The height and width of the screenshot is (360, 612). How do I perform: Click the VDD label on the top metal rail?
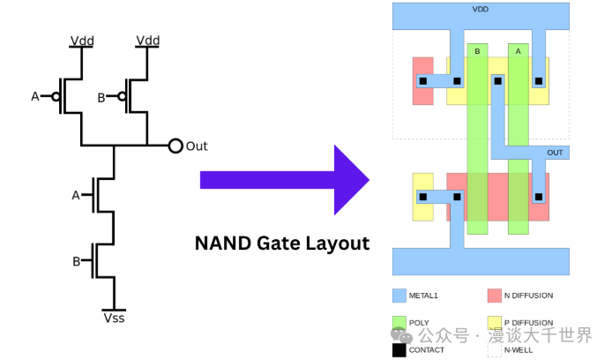[480, 9]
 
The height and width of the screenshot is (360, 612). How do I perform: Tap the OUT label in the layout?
[555, 153]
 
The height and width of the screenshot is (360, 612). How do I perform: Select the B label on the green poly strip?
[477, 51]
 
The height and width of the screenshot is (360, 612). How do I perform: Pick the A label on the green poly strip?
[518, 51]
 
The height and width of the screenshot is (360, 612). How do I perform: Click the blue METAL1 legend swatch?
[399, 296]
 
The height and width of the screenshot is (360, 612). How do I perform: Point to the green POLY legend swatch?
[399, 323]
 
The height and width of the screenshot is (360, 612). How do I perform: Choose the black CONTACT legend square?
[399, 349]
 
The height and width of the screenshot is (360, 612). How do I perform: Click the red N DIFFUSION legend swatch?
[495, 296]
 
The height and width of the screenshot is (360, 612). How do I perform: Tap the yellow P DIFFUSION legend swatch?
[495, 323]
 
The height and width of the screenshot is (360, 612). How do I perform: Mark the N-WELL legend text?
[519, 350]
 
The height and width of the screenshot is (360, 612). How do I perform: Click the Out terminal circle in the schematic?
[175, 146]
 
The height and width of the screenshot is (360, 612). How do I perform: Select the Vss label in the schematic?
[114, 318]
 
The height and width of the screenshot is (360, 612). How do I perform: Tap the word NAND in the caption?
[223, 244]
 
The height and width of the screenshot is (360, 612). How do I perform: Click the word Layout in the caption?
[337, 244]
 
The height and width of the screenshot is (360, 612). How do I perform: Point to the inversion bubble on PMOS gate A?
[56, 96]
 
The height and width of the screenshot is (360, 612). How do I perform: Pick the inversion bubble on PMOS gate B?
[122, 96]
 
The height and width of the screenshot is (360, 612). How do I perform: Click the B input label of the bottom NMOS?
[77, 261]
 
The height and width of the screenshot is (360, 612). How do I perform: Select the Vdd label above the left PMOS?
[82, 41]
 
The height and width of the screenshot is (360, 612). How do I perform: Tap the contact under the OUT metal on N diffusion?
[539, 197]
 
